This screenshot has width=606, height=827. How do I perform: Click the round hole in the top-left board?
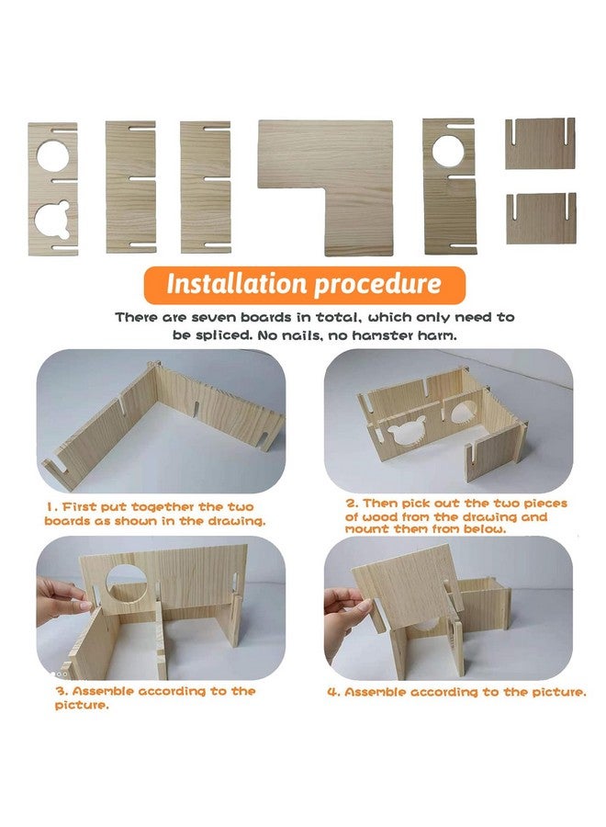pos(52,154)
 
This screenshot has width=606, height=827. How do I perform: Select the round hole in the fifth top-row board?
pos(449,151)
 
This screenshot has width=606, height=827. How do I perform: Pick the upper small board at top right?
pos(540,143)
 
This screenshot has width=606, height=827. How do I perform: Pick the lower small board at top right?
pos(540,219)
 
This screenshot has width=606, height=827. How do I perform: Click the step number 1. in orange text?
pos(52,506)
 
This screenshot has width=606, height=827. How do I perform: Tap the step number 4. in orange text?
pos(332,692)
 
